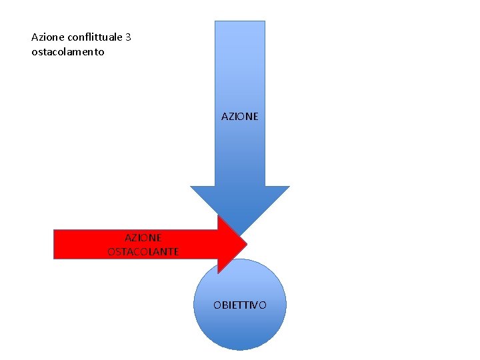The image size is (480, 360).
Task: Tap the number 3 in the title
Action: tap(128, 37)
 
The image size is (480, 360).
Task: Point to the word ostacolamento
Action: tap(68, 51)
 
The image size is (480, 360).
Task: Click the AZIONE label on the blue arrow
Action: tap(240, 116)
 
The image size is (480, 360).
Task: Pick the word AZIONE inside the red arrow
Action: tap(143, 237)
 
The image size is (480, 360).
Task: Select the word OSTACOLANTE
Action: tap(143, 251)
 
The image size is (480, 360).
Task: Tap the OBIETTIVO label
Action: tap(240, 305)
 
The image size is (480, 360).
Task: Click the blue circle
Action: tap(240, 327)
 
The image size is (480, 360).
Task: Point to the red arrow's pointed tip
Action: tap(247, 244)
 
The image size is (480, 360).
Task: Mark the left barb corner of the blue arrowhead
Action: tap(191, 187)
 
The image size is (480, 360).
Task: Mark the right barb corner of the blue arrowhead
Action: tap(289, 187)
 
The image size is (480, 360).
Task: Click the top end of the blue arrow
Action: tap(240, 22)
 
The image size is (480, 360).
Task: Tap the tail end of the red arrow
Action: tap(55, 244)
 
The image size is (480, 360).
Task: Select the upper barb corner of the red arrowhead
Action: tap(219, 216)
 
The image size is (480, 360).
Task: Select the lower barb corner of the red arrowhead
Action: tap(219, 273)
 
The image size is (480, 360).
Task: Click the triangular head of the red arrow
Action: tap(231, 244)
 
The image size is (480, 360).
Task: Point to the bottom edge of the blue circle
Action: tap(240, 349)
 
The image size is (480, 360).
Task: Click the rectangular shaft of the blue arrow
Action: tap(240, 80)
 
